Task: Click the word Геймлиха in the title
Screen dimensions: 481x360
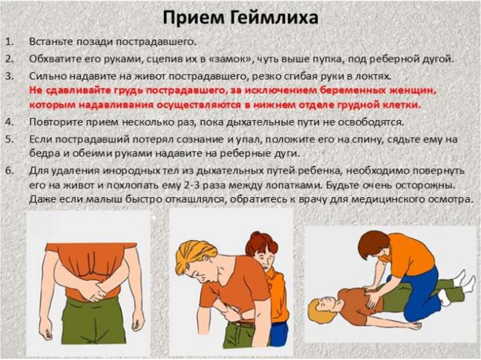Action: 274,17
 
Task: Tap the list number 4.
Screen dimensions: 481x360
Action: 9,122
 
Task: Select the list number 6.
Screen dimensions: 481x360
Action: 9,171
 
